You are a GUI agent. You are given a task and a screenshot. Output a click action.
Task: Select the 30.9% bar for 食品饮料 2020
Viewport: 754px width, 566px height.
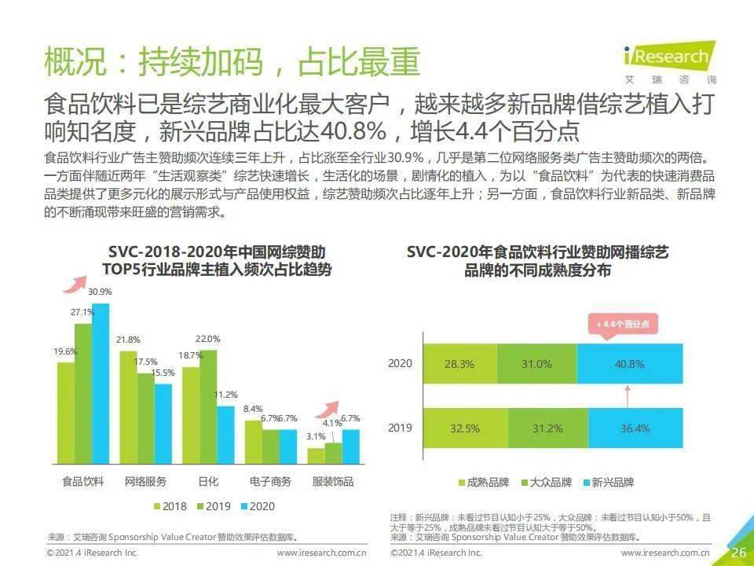pyautogui.click(x=101, y=384)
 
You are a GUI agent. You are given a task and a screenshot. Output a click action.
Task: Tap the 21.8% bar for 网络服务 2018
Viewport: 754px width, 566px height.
pyautogui.click(x=128, y=408)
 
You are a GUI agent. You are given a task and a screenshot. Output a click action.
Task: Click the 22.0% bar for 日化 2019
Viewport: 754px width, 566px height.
pyautogui.click(x=208, y=407)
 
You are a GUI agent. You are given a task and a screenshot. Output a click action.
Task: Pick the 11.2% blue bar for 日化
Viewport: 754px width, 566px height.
pyautogui.click(x=225, y=435)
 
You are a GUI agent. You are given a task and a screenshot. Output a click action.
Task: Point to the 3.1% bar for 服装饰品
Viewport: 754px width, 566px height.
pyautogui.click(x=316, y=456)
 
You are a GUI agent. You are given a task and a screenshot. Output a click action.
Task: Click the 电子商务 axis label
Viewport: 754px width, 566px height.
pyautogui.click(x=270, y=481)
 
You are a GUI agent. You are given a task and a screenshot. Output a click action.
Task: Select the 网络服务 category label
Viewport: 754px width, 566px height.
pyautogui.click(x=145, y=481)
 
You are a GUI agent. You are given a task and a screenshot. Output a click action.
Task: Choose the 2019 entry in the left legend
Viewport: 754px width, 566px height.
pyautogui.click(x=214, y=506)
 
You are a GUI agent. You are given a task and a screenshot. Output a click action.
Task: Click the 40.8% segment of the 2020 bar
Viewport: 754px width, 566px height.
pyautogui.click(x=629, y=364)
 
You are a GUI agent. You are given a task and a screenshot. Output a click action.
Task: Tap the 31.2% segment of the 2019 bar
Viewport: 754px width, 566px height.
pyautogui.click(x=547, y=428)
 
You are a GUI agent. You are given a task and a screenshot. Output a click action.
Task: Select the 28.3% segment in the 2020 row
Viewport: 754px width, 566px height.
pyautogui.click(x=460, y=364)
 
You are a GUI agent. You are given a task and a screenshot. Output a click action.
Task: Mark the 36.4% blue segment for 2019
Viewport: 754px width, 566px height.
pyautogui.click(x=635, y=428)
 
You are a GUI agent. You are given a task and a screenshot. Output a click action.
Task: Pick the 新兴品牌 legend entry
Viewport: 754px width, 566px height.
pyautogui.click(x=608, y=482)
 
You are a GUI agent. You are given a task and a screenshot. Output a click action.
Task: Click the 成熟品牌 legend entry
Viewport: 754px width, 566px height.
pyautogui.click(x=483, y=482)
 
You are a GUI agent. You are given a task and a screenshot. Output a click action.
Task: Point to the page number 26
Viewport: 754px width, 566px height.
pyautogui.click(x=738, y=552)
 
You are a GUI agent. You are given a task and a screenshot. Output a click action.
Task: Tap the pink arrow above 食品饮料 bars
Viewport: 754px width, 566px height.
pyautogui.click(x=75, y=285)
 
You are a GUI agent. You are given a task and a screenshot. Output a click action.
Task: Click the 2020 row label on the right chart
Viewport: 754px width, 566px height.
pyautogui.click(x=400, y=363)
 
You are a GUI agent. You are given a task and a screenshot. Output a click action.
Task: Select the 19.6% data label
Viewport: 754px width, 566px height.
pyautogui.click(x=65, y=352)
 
